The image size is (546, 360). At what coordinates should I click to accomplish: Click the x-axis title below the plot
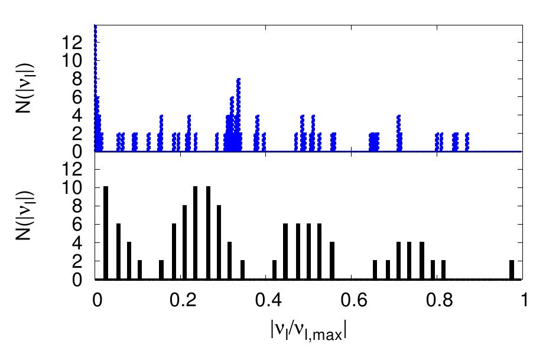pos(308,330)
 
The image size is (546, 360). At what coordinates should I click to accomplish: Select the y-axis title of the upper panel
pos(24,88)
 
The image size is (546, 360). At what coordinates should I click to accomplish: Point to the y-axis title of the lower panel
pos(24,216)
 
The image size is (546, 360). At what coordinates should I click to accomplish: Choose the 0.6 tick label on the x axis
pos(352,300)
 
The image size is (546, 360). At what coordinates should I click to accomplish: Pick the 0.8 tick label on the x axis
pos(437,300)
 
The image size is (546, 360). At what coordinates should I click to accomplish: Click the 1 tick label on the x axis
pos(524,300)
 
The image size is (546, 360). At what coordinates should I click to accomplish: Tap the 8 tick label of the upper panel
pos(77,79)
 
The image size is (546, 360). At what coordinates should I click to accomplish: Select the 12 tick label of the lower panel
pos(72,170)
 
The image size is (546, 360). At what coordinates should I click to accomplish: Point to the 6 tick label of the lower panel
pos(77,225)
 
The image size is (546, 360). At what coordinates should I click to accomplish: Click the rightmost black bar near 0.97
pos(512,270)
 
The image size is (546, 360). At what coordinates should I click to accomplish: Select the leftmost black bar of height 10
pos(106,233)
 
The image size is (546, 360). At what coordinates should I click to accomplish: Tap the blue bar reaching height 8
pos(239,115)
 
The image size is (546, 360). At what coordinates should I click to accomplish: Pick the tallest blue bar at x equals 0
pos(95,88)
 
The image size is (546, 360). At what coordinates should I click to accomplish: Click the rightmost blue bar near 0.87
pos(467,142)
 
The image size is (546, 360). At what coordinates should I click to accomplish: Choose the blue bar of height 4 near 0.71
pos(399,133)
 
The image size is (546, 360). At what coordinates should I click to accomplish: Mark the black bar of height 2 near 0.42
pos(274,270)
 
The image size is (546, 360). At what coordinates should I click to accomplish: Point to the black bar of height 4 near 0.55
pos(332,261)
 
